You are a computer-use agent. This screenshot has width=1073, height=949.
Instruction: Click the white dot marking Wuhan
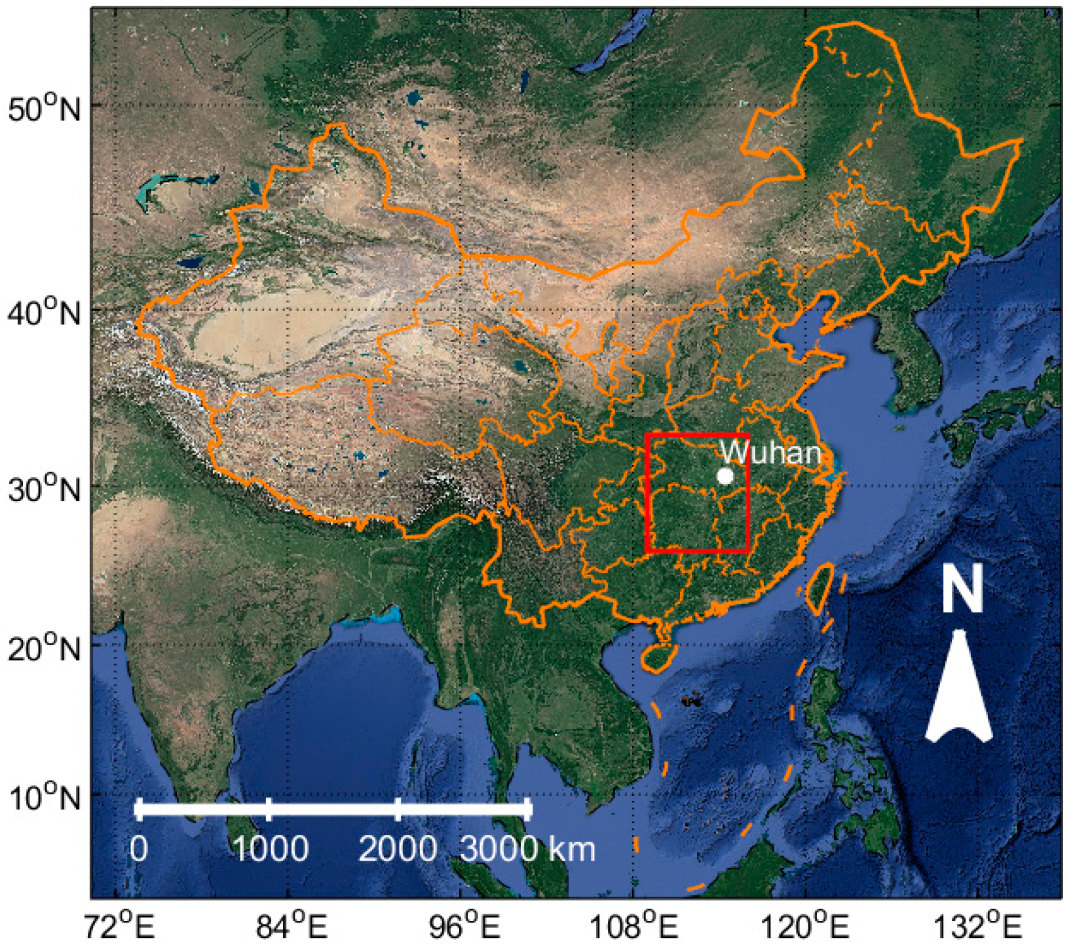(x=724, y=476)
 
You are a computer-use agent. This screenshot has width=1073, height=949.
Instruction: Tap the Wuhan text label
(x=770, y=453)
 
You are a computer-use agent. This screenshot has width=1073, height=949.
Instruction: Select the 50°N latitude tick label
(x=45, y=107)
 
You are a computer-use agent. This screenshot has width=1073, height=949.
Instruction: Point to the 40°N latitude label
(x=45, y=312)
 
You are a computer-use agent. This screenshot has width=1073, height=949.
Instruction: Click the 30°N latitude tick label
(x=45, y=488)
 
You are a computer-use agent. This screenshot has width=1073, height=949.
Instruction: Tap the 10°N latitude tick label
(x=45, y=797)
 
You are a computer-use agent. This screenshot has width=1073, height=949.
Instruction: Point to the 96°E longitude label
(x=464, y=927)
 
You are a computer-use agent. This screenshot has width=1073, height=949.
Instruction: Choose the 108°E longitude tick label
(x=634, y=927)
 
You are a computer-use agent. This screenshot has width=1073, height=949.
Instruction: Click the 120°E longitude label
(x=806, y=927)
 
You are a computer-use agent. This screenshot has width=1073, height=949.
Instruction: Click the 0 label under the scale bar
(x=138, y=849)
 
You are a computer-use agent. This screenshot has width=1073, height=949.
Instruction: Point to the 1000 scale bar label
(x=270, y=849)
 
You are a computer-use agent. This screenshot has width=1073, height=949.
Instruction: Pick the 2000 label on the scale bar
(x=398, y=849)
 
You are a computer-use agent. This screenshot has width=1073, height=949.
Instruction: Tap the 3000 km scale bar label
(x=528, y=849)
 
